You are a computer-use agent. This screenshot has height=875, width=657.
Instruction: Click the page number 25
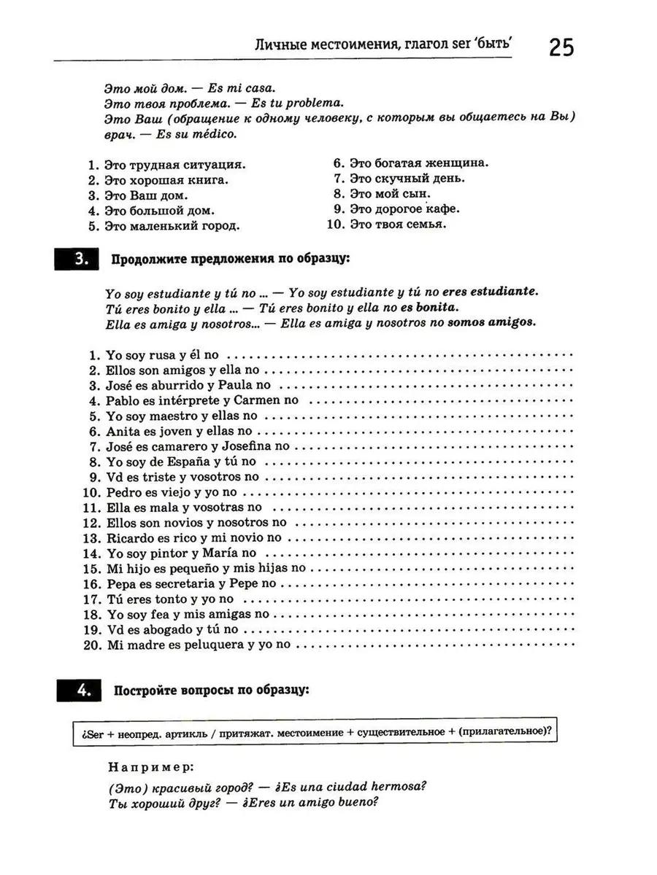pos(561,47)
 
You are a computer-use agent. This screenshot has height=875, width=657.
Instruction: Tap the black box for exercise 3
pos(77,260)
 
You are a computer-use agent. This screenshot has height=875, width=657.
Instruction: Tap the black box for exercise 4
pos(77,690)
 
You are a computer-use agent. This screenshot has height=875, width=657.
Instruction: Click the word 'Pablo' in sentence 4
pos(122,401)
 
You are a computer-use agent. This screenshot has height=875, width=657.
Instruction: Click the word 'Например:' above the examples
pos(151,767)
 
